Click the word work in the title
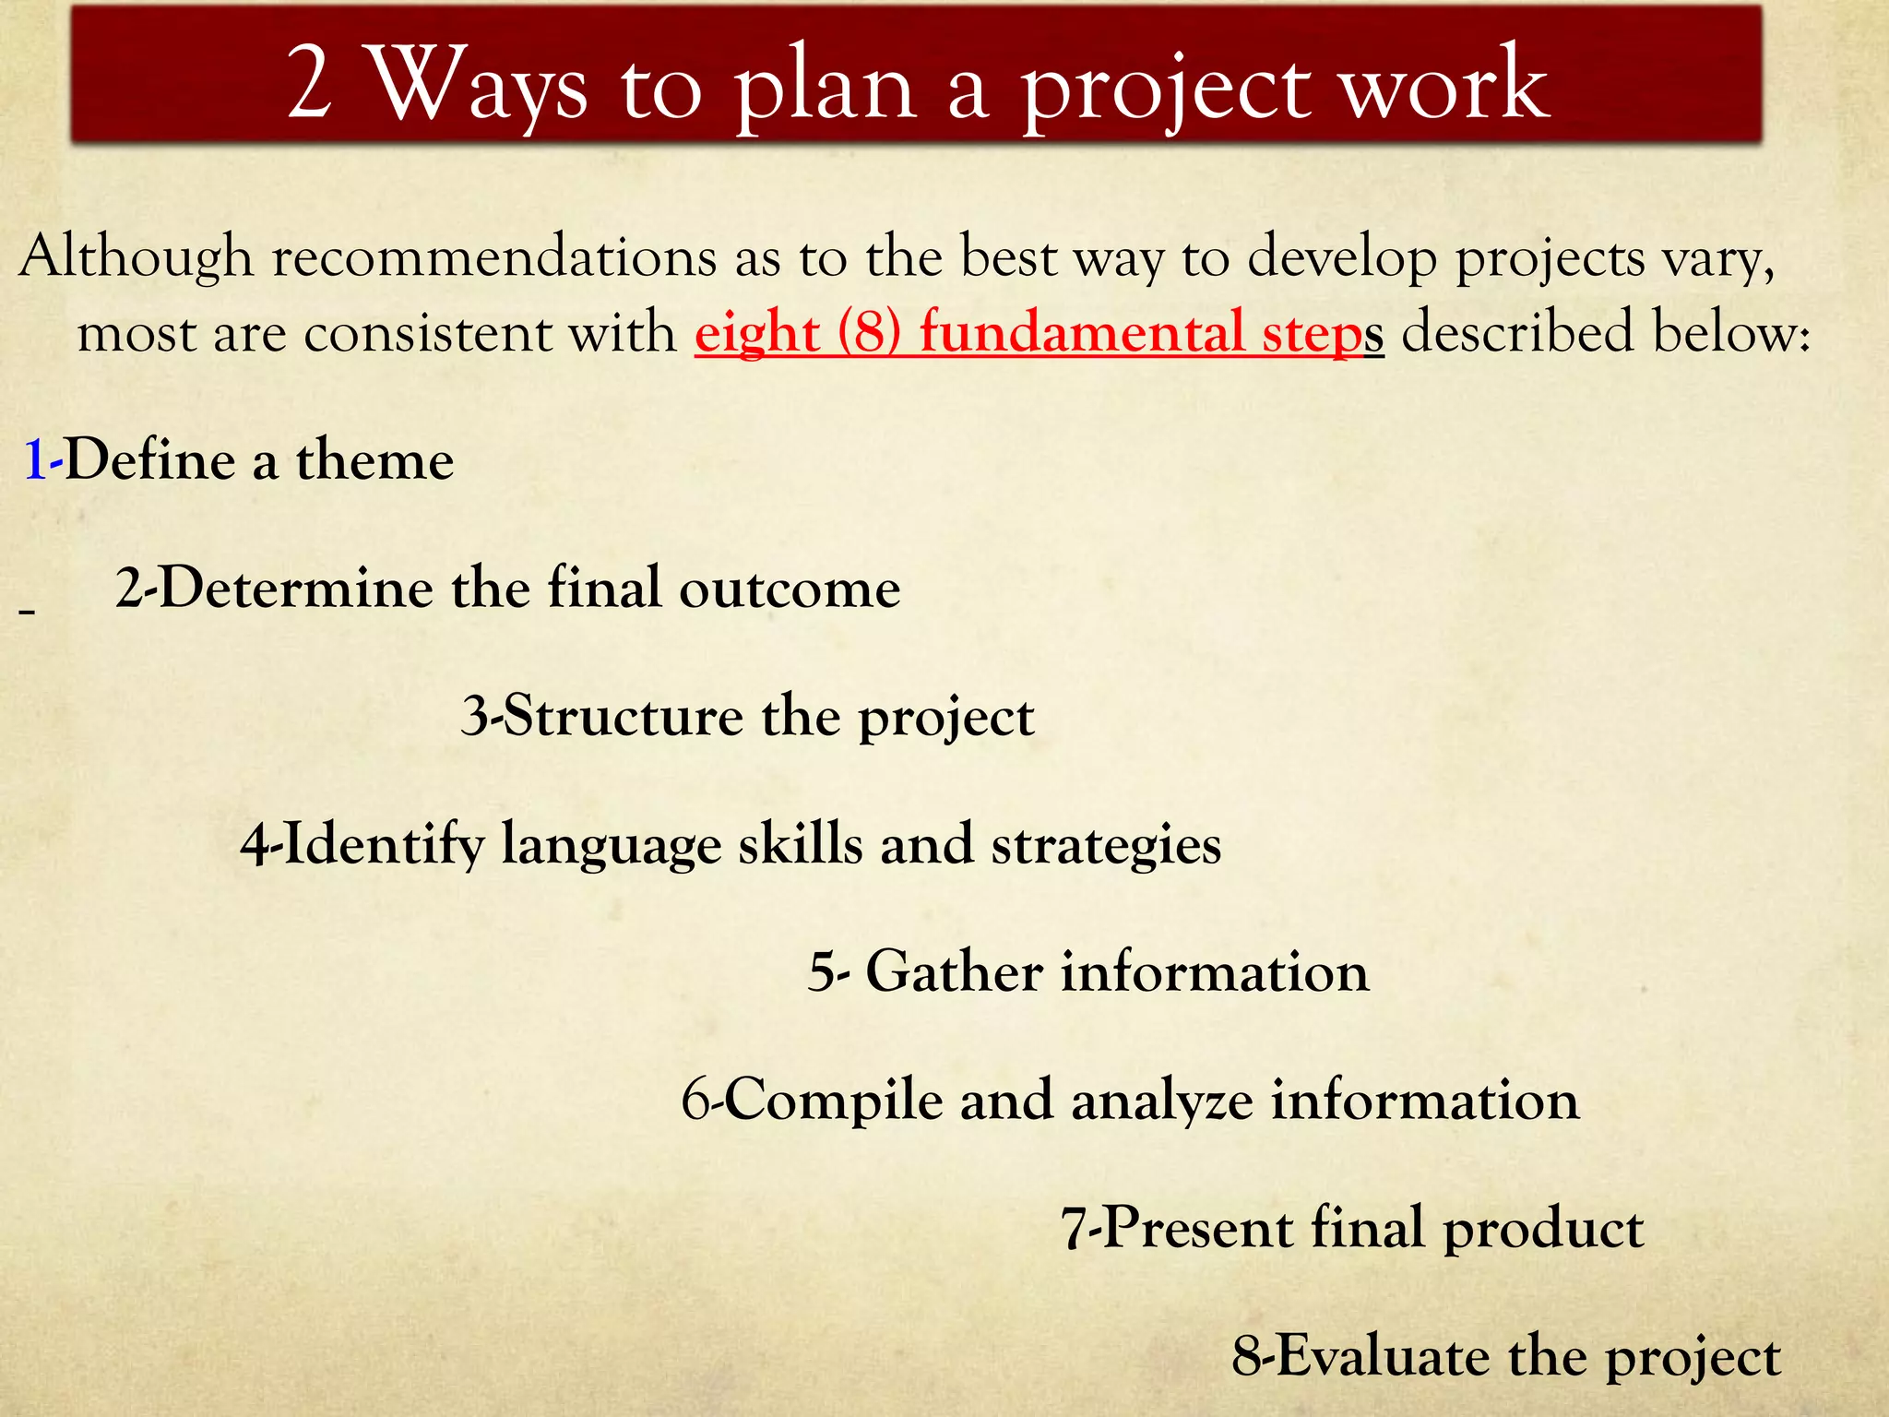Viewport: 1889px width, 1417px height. (x=1443, y=85)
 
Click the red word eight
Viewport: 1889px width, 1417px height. (x=757, y=333)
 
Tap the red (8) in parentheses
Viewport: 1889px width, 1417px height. (x=869, y=333)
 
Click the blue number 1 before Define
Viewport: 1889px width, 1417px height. (x=35, y=460)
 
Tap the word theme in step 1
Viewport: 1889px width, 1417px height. (x=374, y=460)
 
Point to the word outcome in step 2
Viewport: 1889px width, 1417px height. (x=790, y=588)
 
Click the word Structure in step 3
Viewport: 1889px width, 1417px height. (x=624, y=716)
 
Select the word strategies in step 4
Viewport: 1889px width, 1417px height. (x=1106, y=845)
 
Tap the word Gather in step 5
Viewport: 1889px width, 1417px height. (x=954, y=972)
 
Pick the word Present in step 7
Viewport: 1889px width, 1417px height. (x=1198, y=1229)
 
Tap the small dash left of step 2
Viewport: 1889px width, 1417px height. (x=27, y=612)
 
